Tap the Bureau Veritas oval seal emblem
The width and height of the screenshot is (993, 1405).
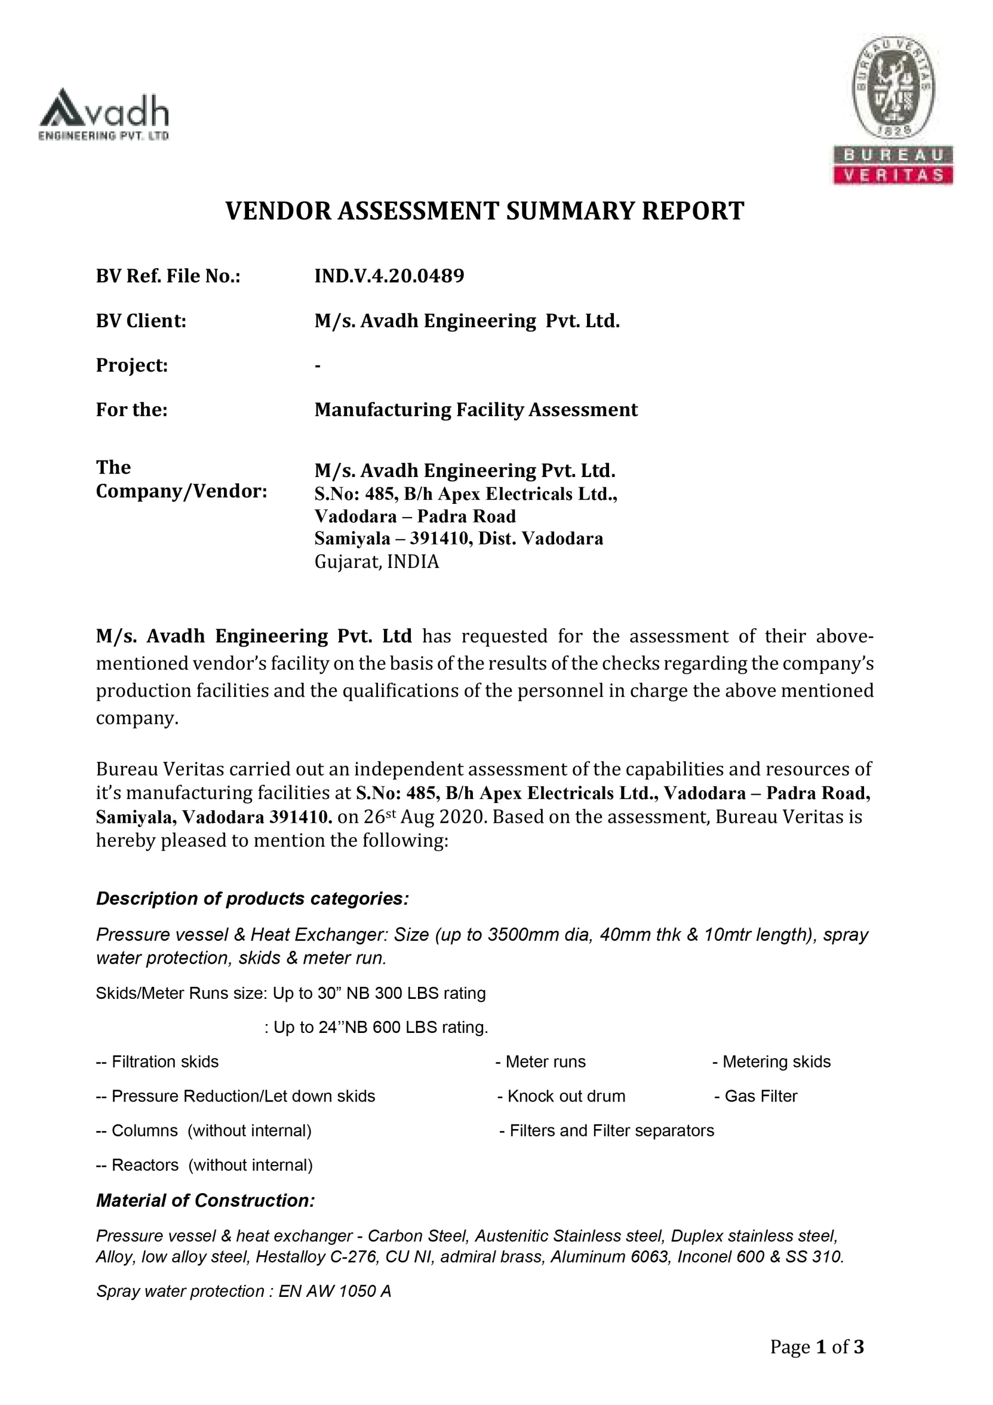[x=893, y=86]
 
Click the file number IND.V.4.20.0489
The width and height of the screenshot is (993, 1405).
[x=389, y=276]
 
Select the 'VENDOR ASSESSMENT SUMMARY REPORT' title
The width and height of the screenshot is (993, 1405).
[x=484, y=211]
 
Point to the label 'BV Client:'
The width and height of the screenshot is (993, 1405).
[x=141, y=321]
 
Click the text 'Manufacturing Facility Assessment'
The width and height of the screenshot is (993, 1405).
[x=476, y=409]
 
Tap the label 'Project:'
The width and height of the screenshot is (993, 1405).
[x=132, y=366]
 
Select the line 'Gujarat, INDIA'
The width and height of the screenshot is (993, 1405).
[x=376, y=562]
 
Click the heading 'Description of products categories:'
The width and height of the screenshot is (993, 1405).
[x=252, y=898]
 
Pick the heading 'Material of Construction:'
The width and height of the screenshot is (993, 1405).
[x=205, y=1201]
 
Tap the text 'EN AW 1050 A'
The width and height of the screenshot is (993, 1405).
[x=334, y=1291]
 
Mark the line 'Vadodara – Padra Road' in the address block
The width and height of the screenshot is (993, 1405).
[x=415, y=516]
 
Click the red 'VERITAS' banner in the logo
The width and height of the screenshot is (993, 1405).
[x=893, y=175]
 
